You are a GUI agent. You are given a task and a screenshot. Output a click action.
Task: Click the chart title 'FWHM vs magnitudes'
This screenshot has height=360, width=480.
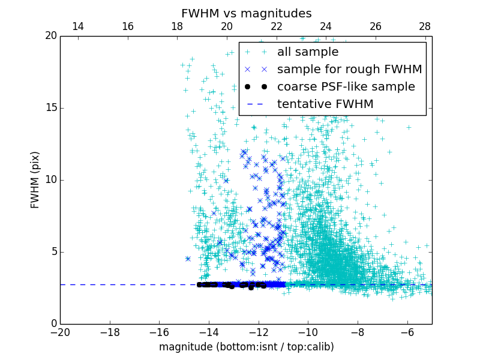246,13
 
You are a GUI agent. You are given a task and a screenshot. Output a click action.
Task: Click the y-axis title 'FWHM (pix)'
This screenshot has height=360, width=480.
35,180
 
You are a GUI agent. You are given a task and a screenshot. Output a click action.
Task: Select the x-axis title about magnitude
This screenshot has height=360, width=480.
246,347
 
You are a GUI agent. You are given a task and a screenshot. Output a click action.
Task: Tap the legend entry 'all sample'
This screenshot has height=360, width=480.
307,52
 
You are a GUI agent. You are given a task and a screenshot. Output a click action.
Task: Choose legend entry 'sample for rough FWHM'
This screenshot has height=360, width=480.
349,70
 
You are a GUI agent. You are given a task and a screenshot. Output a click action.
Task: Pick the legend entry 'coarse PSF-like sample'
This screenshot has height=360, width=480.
346,87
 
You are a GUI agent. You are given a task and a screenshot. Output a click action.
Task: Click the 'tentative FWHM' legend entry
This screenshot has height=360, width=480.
325,104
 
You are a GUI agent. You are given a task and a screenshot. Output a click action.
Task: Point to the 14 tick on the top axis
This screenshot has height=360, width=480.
78,26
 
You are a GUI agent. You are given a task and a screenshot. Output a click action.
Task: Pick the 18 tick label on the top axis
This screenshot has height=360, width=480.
177,26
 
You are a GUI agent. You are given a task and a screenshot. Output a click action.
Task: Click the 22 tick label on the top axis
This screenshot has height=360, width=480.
276,26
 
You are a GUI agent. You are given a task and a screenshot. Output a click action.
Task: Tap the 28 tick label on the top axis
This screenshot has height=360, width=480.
425,26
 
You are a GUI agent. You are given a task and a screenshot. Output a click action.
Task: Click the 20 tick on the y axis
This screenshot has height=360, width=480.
50,36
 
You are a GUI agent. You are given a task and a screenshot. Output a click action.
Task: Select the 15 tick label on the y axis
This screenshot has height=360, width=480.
50,108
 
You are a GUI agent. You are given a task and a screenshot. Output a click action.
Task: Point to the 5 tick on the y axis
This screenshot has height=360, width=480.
53,252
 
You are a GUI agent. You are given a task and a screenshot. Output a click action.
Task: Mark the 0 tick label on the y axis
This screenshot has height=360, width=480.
53,324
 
